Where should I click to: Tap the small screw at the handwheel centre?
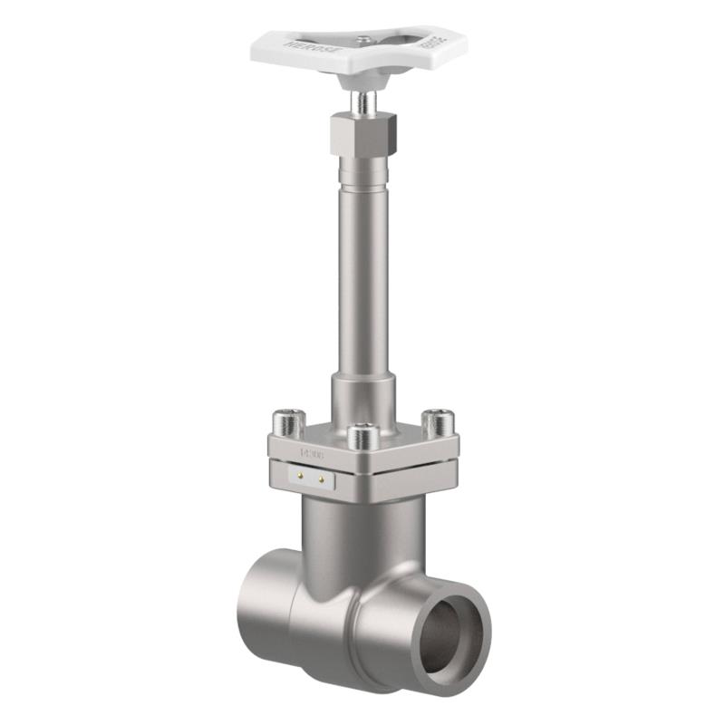pyautogui.click(x=363, y=39)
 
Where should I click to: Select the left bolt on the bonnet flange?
pyautogui.click(x=288, y=422)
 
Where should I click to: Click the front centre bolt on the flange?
pyautogui.click(x=362, y=437)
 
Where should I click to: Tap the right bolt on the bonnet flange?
pyautogui.click(x=440, y=422)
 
